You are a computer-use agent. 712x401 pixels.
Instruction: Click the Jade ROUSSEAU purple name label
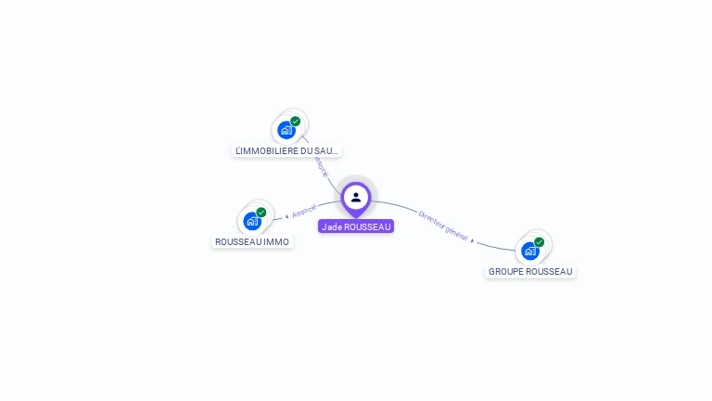pos(356,226)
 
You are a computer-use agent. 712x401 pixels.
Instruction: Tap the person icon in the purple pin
pos(356,197)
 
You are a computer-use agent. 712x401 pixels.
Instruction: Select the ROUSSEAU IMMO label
pos(252,242)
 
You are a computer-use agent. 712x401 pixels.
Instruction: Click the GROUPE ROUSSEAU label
pos(530,272)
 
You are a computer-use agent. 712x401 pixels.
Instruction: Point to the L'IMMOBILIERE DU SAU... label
pos(286,150)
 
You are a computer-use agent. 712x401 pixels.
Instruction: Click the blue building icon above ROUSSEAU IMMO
pos(251,221)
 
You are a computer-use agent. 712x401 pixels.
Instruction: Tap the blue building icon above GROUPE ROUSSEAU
pos(529,251)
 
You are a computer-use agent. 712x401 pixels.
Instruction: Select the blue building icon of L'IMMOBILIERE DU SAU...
pos(286,130)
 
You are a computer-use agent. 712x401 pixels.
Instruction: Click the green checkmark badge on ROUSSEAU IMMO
pos(261,213)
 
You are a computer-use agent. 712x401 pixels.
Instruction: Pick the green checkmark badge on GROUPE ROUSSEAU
pos(540,242)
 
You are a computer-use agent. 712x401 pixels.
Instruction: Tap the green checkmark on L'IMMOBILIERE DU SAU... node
pos(296,122)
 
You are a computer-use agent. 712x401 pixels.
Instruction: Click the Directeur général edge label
pos(443,226)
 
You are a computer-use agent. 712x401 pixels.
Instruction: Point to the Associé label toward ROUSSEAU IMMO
pos(304,211)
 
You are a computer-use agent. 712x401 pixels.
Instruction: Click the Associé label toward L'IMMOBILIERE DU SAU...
pos(321,168)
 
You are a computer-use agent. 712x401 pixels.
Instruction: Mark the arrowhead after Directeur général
pos(473,240)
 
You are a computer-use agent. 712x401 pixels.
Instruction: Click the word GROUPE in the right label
pos(507,272)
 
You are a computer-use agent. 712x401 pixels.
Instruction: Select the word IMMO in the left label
pos(276,242)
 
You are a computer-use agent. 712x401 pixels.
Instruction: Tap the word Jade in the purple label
pos(331,226)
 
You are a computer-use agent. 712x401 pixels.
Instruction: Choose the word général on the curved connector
pos(456,232)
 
